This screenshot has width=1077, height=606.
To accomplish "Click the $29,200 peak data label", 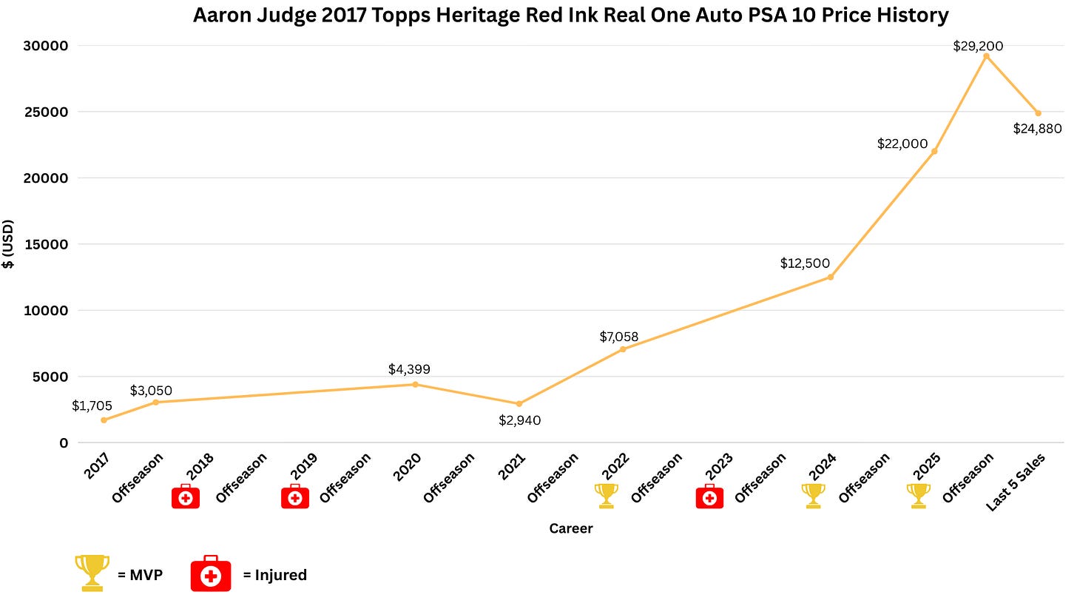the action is pyautogui.click(x=977, y=46).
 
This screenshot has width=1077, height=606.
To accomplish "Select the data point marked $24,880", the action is pyautogui.click(x=1038, y=113).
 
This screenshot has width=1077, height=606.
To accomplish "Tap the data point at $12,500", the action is pyautogui.click(x=831, y=277).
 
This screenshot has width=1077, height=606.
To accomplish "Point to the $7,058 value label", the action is pyautogui.click(x=619, y=337).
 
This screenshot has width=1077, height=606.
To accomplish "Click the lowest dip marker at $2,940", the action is pyautogui.click(x=519, y=404).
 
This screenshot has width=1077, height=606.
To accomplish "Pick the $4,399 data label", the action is pyautogui.click(x=409, y=369).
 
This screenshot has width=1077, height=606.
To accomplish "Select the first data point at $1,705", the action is pyautogui.click(x=104, y=420).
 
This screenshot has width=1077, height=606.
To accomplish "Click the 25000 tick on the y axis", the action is pyautogui.click(x=47, y=112).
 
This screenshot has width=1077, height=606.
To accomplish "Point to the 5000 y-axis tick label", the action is pyautogui.click(x=50, y=377).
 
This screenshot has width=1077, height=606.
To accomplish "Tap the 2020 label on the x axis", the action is pyautogui.click(x=407, y=466).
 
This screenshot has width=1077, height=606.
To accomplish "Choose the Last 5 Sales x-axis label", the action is pyautogui.click(x=1015, y=482).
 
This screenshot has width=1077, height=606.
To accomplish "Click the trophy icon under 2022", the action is pyautogui.click(x=606, y=496).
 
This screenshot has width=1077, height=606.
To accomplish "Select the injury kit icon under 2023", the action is pyautogui.click(x=709, y=496).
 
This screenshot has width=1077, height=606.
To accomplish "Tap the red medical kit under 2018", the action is pyautogui.click(x=186, y=496).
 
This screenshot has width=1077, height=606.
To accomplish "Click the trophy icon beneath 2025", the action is pyautogui.click(x=919, y=496).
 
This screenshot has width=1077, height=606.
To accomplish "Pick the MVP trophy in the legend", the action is pyautogui.click(x=92, y=573).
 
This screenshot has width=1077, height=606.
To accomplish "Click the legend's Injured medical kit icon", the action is pyautogui.click(x=211, y=573).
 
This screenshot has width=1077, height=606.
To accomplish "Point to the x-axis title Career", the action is pyautogui.click(x=571, y=528).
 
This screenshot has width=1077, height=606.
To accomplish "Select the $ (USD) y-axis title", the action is pyautogui.click(x=8, y=244).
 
